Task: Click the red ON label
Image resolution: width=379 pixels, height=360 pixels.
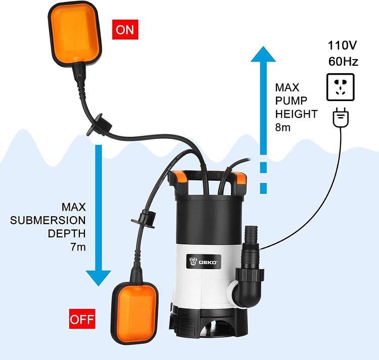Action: pos(125,29)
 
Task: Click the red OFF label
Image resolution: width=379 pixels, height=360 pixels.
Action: pos(82,319)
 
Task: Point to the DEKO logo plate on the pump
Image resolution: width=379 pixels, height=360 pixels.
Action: pos(204,261)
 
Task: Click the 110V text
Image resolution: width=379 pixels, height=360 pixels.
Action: pos(342,45)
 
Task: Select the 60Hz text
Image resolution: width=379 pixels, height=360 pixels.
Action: pos(343,61)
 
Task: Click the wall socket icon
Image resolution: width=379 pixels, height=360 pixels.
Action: pos(340,87)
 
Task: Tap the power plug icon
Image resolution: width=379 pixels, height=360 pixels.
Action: pos(341,118)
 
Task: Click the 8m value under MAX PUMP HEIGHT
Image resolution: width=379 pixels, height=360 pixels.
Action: pos(282,127)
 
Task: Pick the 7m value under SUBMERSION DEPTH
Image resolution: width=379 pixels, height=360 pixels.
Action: pos(78,247)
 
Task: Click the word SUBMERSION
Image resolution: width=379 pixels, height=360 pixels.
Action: pos(48,220)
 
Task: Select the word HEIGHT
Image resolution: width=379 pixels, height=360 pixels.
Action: pos(296,114)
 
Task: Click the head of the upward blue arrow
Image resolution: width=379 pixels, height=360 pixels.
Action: pos(263,54)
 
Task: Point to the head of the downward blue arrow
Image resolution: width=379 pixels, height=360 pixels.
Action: pos(99,278)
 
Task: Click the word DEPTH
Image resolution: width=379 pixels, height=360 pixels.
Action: pos(67,233)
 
